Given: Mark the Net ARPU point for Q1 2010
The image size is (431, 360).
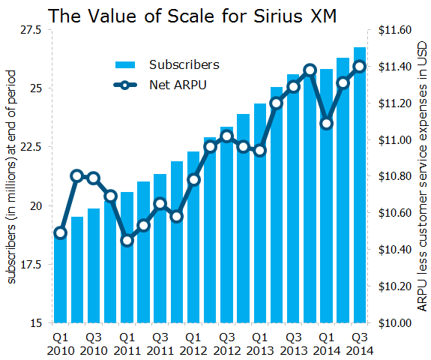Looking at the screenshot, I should [x=61, y=232].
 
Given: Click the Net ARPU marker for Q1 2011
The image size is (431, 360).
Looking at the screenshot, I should [x=127, y=240].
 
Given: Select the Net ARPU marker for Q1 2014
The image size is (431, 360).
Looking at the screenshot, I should [x=326, y=123].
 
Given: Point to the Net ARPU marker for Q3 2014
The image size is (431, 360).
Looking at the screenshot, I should [x=359, y=66].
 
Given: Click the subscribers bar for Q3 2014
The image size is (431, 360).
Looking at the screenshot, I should [x=359, y=187].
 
